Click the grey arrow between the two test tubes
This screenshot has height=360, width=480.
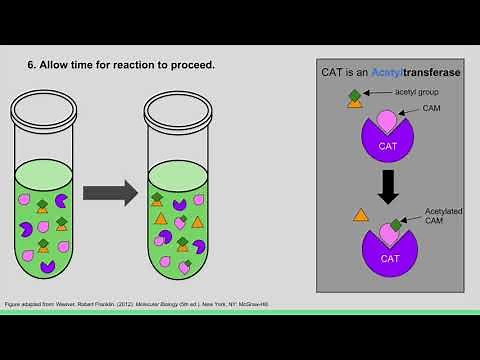pyautogui.click(x=111, y=192)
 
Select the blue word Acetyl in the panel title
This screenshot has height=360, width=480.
pyautogui.click(x=390, y=72)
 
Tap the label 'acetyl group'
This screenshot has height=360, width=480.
pyautogui.click(x=417, y=92)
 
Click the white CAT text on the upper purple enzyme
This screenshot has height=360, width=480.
pyautogui.click(x=385, y=145)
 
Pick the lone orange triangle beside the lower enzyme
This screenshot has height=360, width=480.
pyautogui.click(x=361, y=215)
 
